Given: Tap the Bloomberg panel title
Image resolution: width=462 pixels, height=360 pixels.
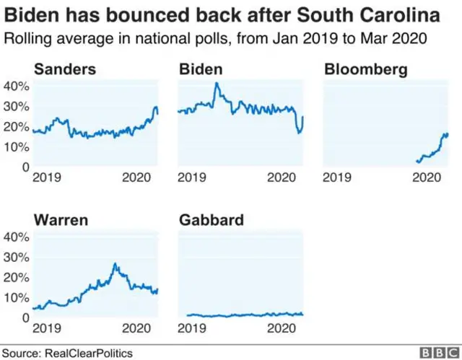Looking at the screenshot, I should point(366,70).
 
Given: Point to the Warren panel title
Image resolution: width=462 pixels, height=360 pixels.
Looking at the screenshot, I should point(61,220).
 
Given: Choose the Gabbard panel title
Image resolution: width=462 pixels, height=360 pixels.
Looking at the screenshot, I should point(210,220).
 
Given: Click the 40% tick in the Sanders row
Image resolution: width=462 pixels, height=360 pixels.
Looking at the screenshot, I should point(17,86).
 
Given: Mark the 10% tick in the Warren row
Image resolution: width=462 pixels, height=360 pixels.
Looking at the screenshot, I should point(17,297).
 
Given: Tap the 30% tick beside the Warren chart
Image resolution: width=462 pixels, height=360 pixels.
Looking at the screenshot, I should point(17,257).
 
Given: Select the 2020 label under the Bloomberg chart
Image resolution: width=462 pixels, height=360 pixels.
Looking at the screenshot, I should point(430,177).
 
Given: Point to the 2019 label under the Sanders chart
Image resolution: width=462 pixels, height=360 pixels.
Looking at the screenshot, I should point(46,177).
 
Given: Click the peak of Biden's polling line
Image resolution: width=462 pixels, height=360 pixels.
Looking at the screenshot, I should point(216,84).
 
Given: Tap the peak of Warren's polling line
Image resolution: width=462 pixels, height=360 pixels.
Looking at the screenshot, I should point(114,264).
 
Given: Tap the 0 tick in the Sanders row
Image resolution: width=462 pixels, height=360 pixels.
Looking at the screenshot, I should point(24,167).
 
